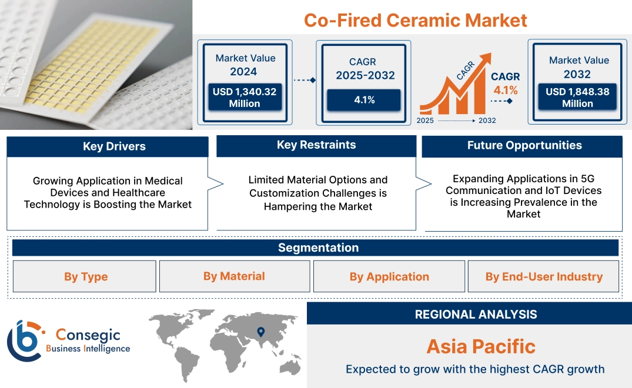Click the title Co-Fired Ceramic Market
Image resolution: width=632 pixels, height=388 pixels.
click(415, 20)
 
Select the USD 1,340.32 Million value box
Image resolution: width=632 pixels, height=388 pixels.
click(245, 97)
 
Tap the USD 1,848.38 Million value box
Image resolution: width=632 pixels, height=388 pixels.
click(577, 97)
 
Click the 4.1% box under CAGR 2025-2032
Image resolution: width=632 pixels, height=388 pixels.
click(364, 100)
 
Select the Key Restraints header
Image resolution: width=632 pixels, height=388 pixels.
click(316, 145)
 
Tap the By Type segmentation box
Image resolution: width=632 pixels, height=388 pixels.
click(86, 276)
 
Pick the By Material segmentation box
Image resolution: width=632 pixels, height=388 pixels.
click(234, 276)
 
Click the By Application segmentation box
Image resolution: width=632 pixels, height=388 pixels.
click(389, 276)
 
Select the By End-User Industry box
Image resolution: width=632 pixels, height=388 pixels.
click(544, 276)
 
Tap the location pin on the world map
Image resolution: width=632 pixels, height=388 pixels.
click(260, 332)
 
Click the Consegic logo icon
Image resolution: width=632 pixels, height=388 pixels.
click(25, 340)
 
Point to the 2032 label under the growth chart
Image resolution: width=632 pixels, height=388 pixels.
click(487, 121)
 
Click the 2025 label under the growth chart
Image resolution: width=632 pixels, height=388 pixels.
click(426, 121)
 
